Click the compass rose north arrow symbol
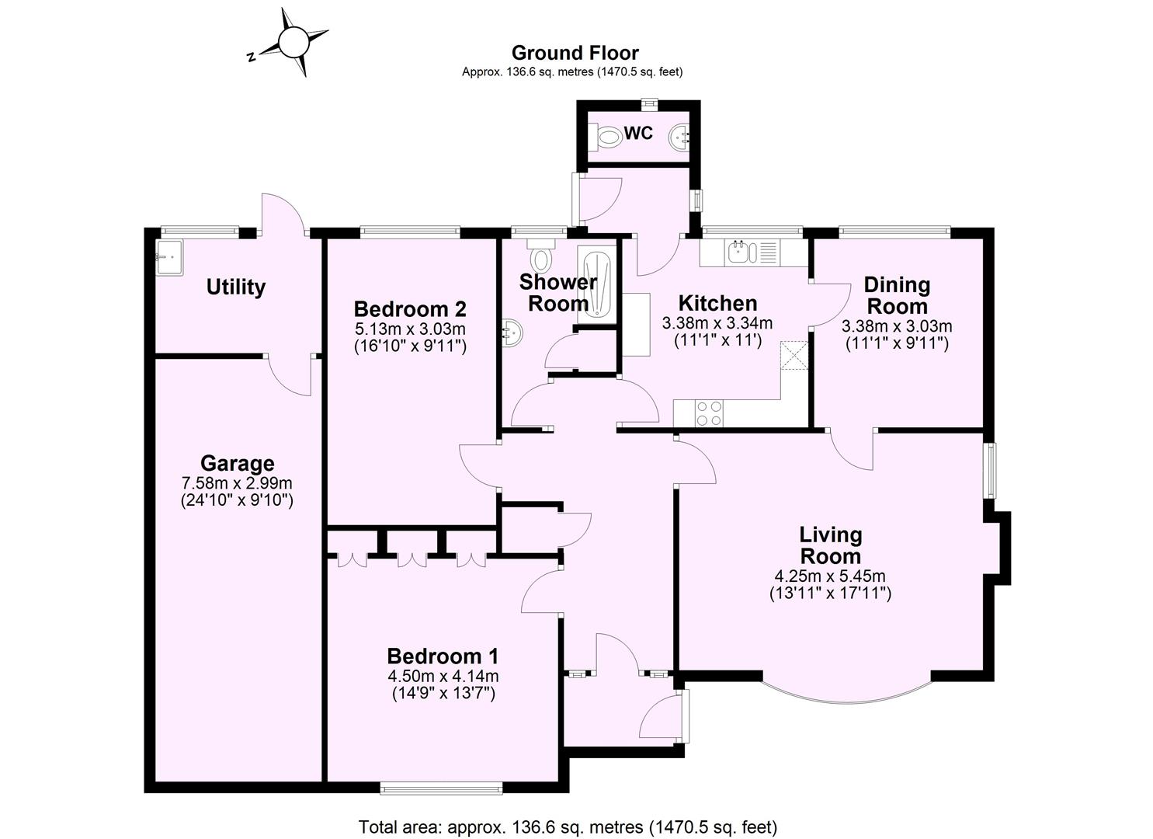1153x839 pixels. [293, 42]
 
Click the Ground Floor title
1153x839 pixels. [575, 53]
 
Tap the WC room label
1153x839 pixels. [638, 134]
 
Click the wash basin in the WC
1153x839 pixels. [679, 138]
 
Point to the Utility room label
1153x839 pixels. [235, 287]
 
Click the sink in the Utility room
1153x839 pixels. [168, 256]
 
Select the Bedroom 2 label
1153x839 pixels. [409, 308]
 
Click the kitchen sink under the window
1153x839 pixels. [741, 252]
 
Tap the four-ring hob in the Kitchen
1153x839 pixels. [708, 413]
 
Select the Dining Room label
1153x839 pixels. [897, 295]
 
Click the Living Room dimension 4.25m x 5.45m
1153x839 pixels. [830, 576]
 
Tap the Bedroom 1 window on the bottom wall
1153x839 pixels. [441, 788]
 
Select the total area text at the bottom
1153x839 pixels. [568, 827]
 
